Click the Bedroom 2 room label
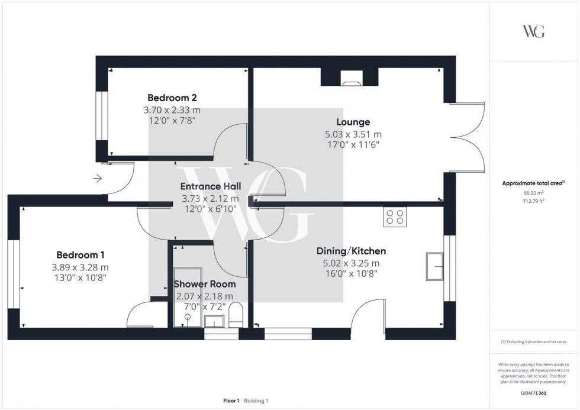(172, 98)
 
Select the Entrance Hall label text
(210, 186)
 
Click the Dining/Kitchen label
(351, 251)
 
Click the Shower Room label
(205, 285)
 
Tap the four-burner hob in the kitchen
(395, 217)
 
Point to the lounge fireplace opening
(349, 76)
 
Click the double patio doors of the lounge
(468, 137)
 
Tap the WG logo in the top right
(533, 31)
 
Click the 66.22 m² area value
(533, 192)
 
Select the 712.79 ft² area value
(533, 201)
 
